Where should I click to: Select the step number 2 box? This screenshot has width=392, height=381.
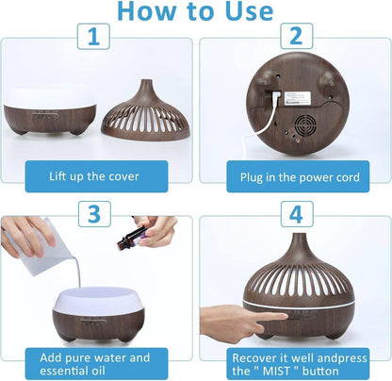(294, 38)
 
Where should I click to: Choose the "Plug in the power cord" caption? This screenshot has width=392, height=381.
(294, 175)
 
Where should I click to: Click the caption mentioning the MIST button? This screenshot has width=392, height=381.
(294, 365)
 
